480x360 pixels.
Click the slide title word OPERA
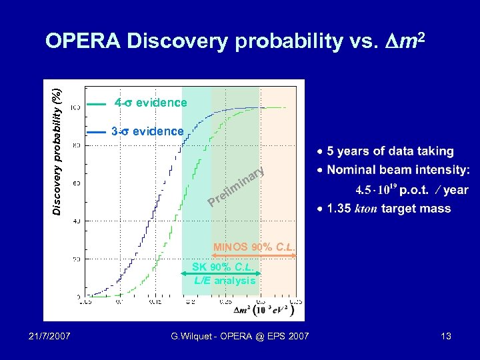pos(83,41)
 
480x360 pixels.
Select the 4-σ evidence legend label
pos(150,103)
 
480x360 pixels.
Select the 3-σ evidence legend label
pos(147,131)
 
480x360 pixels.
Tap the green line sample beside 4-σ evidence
pos(97,104)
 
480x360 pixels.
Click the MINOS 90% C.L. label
pos(254,247)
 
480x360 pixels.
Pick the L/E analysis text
pos(225,281)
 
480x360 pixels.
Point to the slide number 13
pos(445,336)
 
